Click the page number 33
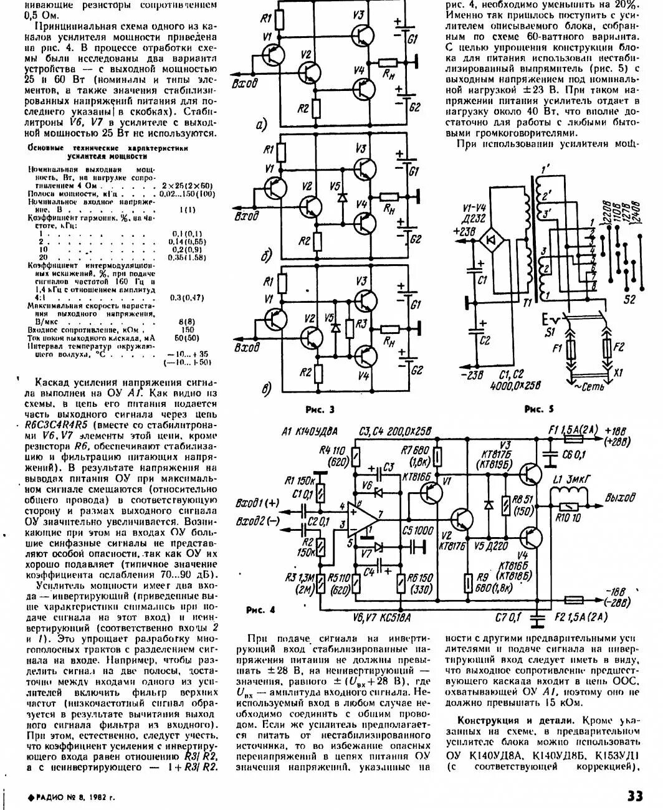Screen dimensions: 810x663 point(634,796)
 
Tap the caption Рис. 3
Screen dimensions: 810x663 point(320,409)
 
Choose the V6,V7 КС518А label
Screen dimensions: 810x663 point(381,617)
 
